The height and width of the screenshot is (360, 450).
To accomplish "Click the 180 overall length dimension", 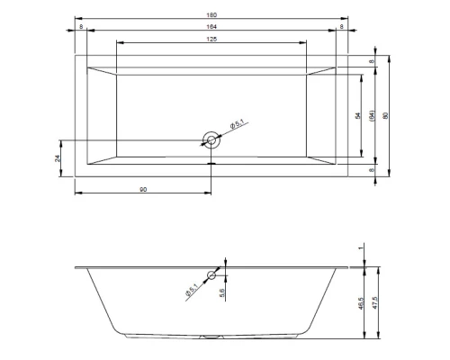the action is pyautogui.click(x=211, y=15).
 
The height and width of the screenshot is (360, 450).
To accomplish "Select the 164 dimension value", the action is pyautogui.click(x=211, y=27).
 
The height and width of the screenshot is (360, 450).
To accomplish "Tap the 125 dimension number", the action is pyautogui.click(x=211, y=39).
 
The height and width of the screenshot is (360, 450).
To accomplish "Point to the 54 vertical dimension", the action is pyautogui.click(x=358, y=115).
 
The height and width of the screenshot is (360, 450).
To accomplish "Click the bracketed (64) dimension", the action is pyautogui.click(x=372, y=115).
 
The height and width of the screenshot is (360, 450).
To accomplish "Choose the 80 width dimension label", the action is pyautogui.click(x=386, y=115).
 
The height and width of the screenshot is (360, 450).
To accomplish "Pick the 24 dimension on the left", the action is pyautogui.click(x=58, y=158).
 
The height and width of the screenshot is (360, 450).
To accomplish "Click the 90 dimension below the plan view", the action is pyautogui.click(x=143, y=190).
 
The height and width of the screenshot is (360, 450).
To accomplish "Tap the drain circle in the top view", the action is pyautogui.click(x=211, y=140).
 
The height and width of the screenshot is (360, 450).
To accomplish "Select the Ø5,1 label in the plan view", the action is pyautogui.click(x=238, y=123).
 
